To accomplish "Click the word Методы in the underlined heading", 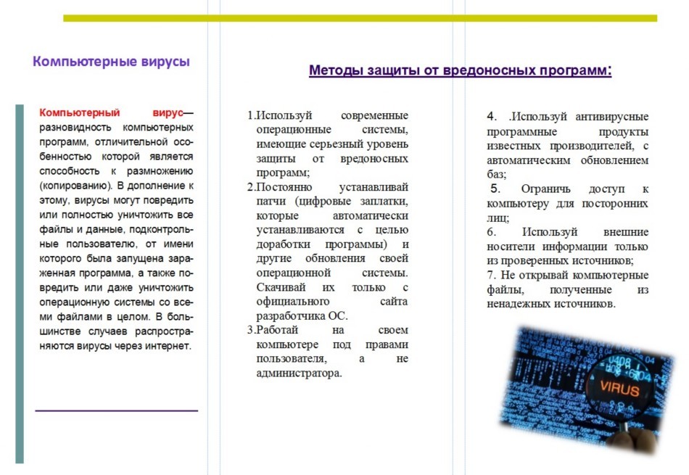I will click(x=332, y=71).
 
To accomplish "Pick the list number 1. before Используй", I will click(x=250, y=116).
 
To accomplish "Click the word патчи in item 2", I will click(x=270, y=201).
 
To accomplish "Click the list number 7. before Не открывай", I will click(x=490, y=276).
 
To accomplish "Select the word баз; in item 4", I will click(x=497, y=175).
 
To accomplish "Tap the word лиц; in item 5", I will click(x=498, y=218).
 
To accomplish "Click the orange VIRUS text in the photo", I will click(x=619, y=390).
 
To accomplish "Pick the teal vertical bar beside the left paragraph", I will click(x=20, y=283).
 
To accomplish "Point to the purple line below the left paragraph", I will click(x=116, y=410).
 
